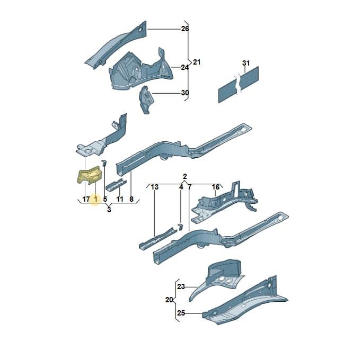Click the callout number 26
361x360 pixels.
tap(185, 29)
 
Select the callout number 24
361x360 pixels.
tap(184, 67)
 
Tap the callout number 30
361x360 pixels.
tap(185, 93)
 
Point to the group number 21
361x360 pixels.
tap(197, 62)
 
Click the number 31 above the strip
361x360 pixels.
tap(246, 63)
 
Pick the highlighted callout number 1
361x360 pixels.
tap(96, 199)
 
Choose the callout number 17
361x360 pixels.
tap(86, 199)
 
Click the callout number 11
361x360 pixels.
tap(120, 199)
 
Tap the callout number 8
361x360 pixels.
tap(131, 199)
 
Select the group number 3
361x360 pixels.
tap(109, 210)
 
